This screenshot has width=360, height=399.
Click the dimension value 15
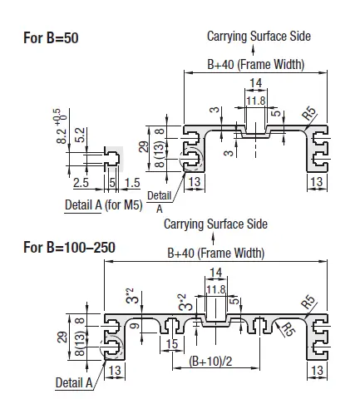coord(172,344)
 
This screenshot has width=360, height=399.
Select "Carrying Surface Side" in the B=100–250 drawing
coord(215,224)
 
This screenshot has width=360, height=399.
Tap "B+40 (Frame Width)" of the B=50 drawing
coord(255,64)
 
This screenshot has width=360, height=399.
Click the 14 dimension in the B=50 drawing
coord(254,82)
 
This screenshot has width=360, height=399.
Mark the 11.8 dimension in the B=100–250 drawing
coord(215,288)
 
